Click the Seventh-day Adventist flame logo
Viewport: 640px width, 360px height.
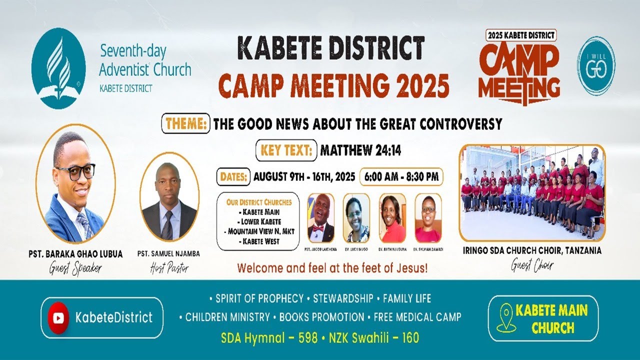(58, 68)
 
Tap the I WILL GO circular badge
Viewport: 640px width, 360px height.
(596, 65)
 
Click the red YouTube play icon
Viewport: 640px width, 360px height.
(59, 317)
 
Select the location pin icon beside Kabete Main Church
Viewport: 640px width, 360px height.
(505, 318)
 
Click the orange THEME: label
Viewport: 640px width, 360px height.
(185, 123)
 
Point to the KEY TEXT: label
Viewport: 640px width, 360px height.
(286, 150)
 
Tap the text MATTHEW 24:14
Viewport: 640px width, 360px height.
(360, 150)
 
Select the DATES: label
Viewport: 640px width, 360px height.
(233, 176)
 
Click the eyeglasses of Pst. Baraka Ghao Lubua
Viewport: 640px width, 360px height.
(75, 172)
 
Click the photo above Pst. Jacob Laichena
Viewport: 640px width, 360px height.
(321, 218)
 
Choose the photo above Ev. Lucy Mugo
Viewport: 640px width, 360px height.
(356, 218)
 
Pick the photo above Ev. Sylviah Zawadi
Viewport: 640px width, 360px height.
(428, 218)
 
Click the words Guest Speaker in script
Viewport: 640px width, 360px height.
(75, 268)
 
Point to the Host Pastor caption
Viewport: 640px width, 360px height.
(168, 268)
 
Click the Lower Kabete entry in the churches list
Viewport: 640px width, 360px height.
(258, 221)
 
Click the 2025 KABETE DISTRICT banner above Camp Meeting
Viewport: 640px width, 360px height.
(521, 35)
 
